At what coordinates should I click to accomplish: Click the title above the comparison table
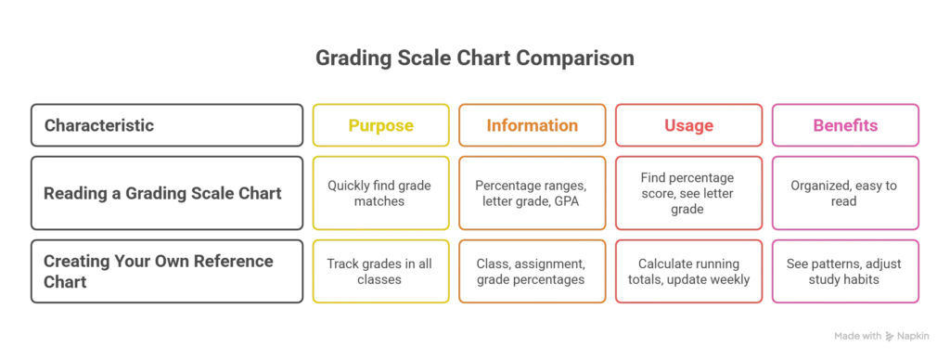tap(475, 58)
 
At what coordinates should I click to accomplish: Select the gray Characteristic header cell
tap(167, 124)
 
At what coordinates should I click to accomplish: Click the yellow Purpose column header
tap(381, 125)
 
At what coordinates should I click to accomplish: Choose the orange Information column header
tap(533, 125)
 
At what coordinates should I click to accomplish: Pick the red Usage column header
tap(688, 125)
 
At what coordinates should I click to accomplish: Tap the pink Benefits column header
tap(844, 125)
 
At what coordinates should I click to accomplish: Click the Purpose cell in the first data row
tap(381, 193)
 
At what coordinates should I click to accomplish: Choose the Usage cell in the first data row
tap(688, 193)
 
